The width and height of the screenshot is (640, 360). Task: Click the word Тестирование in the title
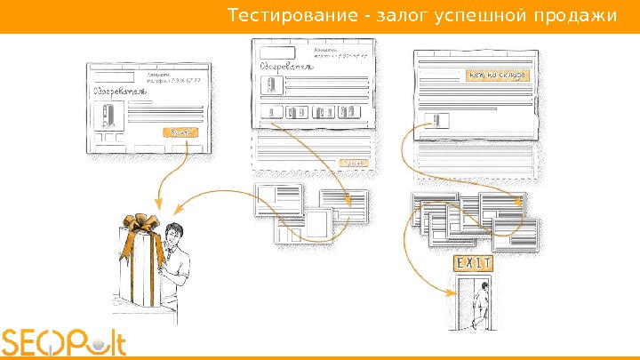point(270,16)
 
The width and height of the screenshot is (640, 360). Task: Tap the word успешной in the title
point(476,16)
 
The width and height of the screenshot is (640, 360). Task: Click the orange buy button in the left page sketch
point(180,132)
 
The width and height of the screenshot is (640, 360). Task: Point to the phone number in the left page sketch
point(175,81)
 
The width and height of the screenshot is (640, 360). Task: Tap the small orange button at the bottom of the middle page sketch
point(353,163)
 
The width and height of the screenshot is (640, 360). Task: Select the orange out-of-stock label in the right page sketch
point(497,76)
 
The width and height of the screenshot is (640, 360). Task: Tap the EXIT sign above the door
point(474,264)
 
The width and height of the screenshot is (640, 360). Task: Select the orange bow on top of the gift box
point(141,224)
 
